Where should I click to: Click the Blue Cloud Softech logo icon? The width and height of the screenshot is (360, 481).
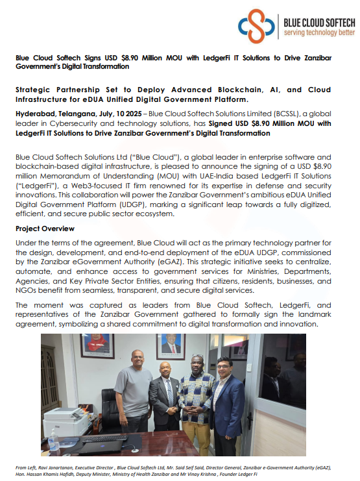(257, 25)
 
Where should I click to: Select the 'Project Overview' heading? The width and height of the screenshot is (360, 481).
(45, 228)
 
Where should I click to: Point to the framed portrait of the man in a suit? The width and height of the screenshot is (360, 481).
(171, 346)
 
